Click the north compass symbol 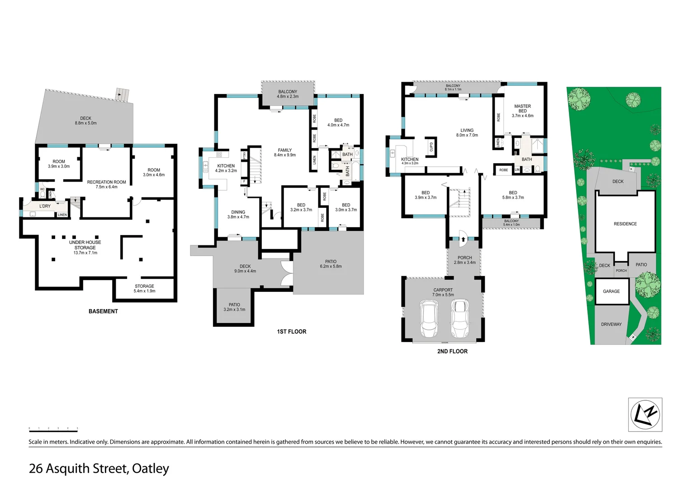645,414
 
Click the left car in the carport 428,319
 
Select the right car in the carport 460,319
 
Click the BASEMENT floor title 103,311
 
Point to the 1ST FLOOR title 292,332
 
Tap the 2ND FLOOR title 452,351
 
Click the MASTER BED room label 522,108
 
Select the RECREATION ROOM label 106,182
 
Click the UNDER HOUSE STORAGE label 85,245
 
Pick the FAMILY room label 285,150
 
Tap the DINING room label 238,212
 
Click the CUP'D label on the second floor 431,147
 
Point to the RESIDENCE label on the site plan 625,224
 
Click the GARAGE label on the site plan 611,291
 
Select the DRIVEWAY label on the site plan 611,324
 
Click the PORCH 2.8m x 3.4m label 465,260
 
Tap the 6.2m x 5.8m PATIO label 331,264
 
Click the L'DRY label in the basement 45,206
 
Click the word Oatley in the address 150,469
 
